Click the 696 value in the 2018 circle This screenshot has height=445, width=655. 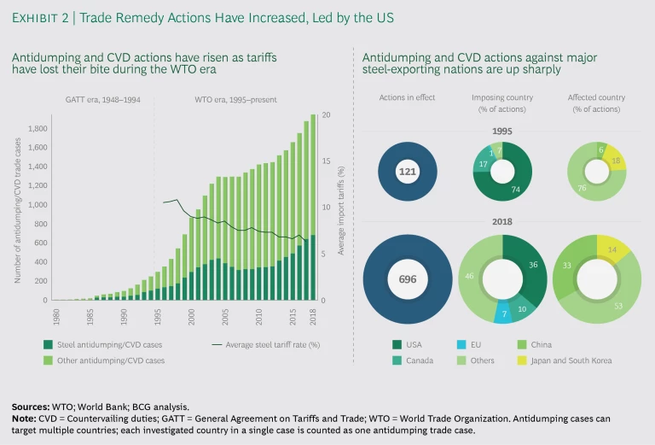(x=407, y=278)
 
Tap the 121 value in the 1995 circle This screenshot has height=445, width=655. (x=407, y=172)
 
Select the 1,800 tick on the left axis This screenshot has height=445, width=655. (x=37, y=129)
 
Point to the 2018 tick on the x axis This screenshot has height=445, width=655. (x=312, y=313)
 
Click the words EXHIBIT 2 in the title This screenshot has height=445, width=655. (x=42, y=17)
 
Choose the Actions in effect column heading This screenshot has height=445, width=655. (x=407, y=97)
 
